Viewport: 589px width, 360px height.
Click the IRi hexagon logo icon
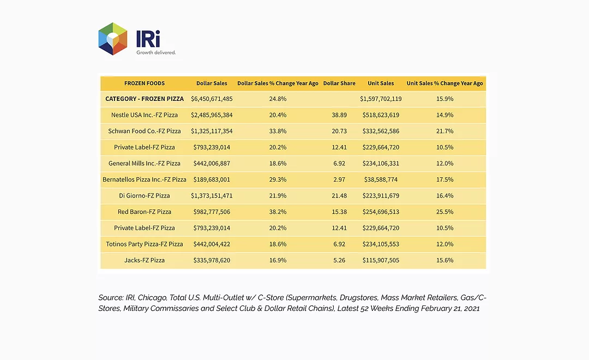pyautogui.click(x=113, y=39)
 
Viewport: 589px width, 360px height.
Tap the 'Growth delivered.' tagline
pyautogui.click(x=156, y=52)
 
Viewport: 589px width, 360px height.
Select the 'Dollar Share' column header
pyautogui.click(x=339, y=83)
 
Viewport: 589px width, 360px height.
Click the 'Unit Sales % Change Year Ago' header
pyautogui.click(x=445, y=83)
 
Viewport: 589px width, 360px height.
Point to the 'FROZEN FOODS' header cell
pyautogui.click(x=145, y=83)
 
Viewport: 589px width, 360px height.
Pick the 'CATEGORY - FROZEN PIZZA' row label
pyautogui.click(x=145, y=99)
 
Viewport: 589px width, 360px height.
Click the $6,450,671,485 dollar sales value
pyautogui.click(x=212, y=99)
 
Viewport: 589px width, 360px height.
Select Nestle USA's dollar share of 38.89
pyautogui.click(x=339, y=115)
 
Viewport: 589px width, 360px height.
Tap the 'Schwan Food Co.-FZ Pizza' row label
pyautogui.click(x=145, y=131)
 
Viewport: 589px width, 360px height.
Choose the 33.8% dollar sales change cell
pyautogui.click(x=278, y=131)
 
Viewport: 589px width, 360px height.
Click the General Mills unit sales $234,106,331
pyautogui.click(x=381, y=164)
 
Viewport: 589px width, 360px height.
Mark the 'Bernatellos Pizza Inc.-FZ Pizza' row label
pyautogui.click(x=145, y=179)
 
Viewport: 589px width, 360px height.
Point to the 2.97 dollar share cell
pyautogui.click(x=339, y=179)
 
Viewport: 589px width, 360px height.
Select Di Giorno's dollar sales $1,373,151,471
pyautogui.click(x=212, y=196)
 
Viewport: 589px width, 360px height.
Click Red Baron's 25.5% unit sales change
pyautogui.click(x=445, y=212)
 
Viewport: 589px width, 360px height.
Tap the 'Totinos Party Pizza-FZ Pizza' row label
pyautogui.click(x=145, y=244)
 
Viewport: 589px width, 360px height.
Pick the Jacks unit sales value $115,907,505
pyautogui.click(x=381, y=260)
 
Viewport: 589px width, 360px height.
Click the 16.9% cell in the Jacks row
pyautogui.click(x=278, y=260)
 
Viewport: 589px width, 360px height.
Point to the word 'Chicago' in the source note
pyautogui.click(x=152, y=298)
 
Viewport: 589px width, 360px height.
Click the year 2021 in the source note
pyautogui.click(x=472, y=309)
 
